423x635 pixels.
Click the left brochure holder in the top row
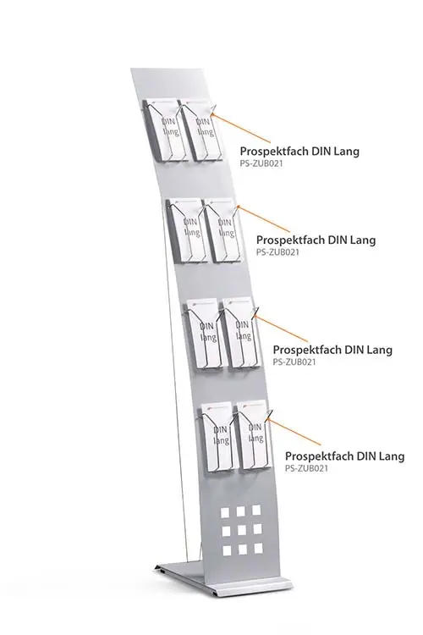click(x=165, y=130)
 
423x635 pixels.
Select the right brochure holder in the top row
click(x=200, y=130)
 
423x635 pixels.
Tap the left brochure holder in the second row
click(x=187, y=230)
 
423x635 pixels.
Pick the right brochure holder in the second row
click(x=222, y=230)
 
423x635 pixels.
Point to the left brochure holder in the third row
click(x=205, y=334)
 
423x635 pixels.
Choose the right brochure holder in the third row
click(x=241, y=334)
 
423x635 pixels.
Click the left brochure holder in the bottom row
click(x=217, y=438)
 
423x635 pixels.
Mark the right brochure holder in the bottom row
click(x=253, y=436)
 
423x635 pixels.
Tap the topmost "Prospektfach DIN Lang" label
click(x=299, y=151)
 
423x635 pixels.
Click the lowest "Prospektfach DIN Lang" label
click(x=345, y=456)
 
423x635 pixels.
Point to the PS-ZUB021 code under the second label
click(x=277, y=252)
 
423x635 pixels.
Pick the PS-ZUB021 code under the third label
click(x=294, y=362)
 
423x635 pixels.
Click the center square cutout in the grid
click(x=242, y=530)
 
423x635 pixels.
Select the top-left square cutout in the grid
click(x=225, y=513)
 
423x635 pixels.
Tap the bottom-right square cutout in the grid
click(x=258, y=549)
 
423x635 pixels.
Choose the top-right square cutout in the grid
click(x=256, y=510)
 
